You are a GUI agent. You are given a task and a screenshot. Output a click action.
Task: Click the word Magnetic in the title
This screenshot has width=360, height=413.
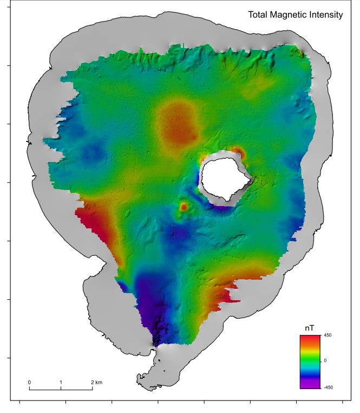tap(287, 15)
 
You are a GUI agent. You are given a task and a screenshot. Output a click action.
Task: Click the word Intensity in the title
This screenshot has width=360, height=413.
tap(325, 15)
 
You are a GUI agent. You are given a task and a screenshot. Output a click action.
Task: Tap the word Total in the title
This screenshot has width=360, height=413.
tap(258, 15)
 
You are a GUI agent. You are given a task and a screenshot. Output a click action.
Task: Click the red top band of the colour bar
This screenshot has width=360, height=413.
tap(307, 339)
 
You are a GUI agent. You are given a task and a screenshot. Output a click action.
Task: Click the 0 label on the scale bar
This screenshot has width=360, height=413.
tap(29, 382)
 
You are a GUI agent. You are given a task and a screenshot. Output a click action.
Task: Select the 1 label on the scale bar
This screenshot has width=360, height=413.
tap(61, 382)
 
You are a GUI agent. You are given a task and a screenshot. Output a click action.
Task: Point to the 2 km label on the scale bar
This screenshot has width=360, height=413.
tap(96, 382)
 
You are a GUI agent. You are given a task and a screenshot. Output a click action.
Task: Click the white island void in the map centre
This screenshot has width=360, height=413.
tap(224, 178)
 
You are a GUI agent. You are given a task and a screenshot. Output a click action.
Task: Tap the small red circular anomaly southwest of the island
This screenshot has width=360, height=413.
tap(184, 206)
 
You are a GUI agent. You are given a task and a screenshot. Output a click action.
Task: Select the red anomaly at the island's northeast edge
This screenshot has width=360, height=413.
tap(238, 153)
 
